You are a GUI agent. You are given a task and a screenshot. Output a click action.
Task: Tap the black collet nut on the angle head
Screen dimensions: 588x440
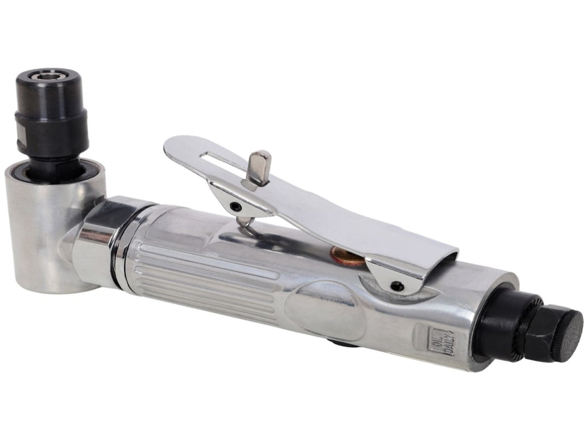(x=52, y=113)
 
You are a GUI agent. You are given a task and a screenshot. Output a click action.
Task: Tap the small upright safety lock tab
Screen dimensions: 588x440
(x=259, y=167)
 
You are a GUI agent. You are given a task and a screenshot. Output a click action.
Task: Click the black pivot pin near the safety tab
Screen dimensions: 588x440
(x=235, y=206)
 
